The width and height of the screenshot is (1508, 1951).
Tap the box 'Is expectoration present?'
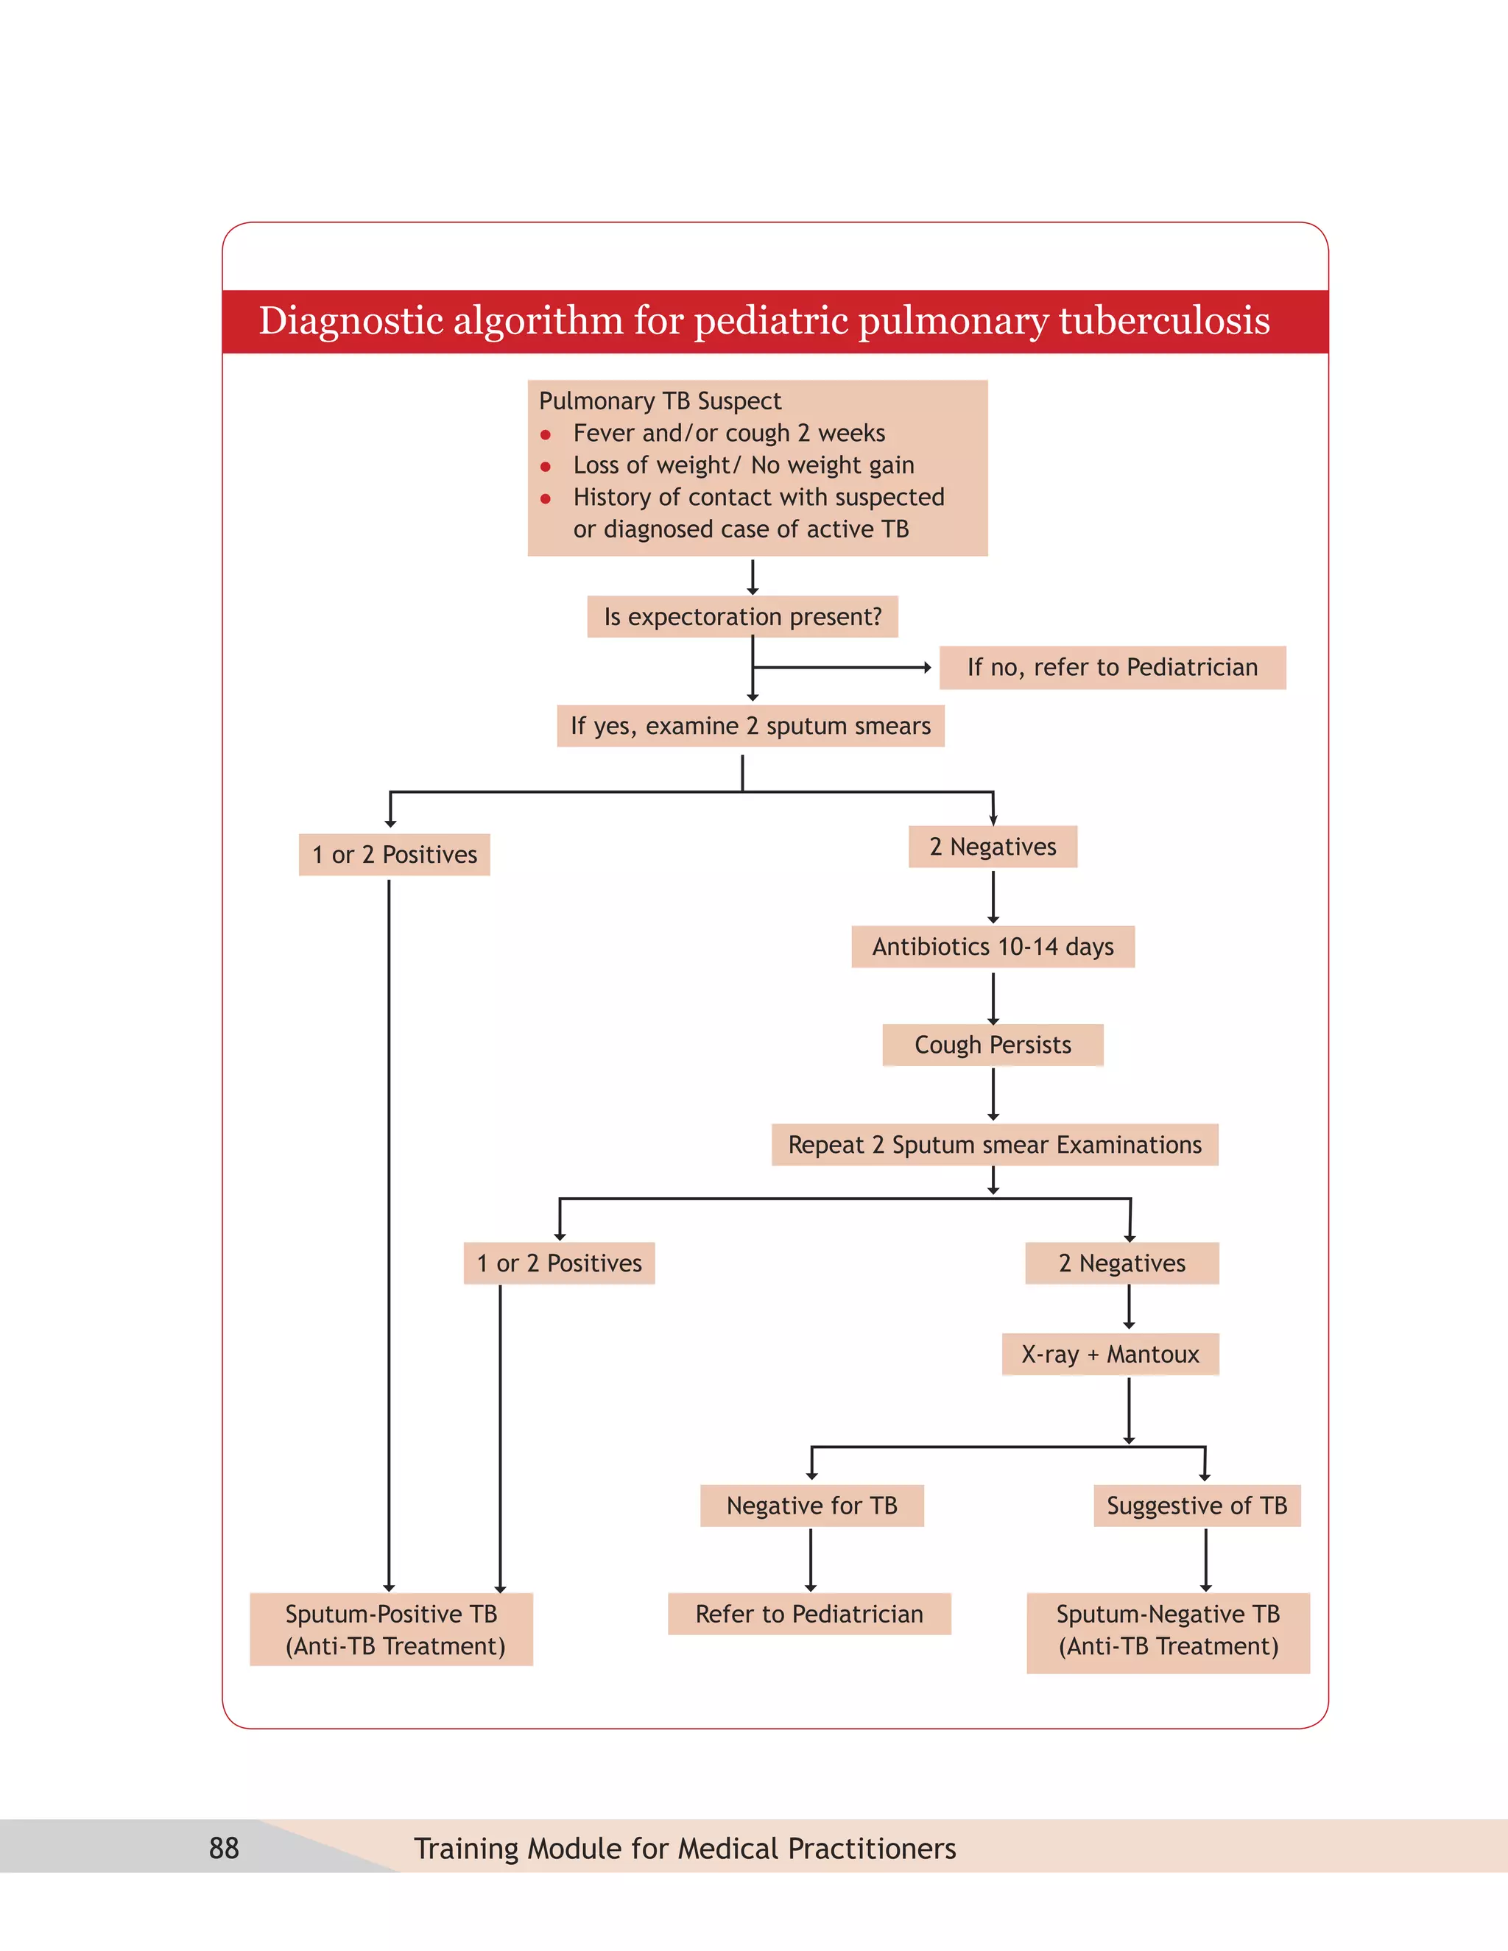point(742,617)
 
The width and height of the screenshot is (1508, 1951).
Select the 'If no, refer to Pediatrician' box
point(1113,667)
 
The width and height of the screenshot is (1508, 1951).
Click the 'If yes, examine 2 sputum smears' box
point(750,726)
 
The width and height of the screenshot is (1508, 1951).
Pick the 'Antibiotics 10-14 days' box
point(993,947)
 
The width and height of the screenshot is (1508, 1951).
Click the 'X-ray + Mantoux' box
point(1110,1354)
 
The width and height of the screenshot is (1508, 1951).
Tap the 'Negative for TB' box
point(811,1506)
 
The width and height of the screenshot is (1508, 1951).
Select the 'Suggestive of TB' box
point(1197,1506)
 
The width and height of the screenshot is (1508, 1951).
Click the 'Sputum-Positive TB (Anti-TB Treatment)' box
point(391,1630)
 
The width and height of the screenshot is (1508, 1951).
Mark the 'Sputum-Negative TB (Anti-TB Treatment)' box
point(1168,1632)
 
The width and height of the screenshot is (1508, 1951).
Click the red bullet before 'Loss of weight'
point(546,466)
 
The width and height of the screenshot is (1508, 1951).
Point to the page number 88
point(225,1848)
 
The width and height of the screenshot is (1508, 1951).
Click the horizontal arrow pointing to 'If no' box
point(839,667)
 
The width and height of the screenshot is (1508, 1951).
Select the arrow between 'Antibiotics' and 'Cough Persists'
point(993,997)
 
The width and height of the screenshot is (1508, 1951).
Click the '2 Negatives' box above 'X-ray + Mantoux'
point(1122,1263)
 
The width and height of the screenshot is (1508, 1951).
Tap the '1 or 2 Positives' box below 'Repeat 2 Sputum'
point(560,1263)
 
